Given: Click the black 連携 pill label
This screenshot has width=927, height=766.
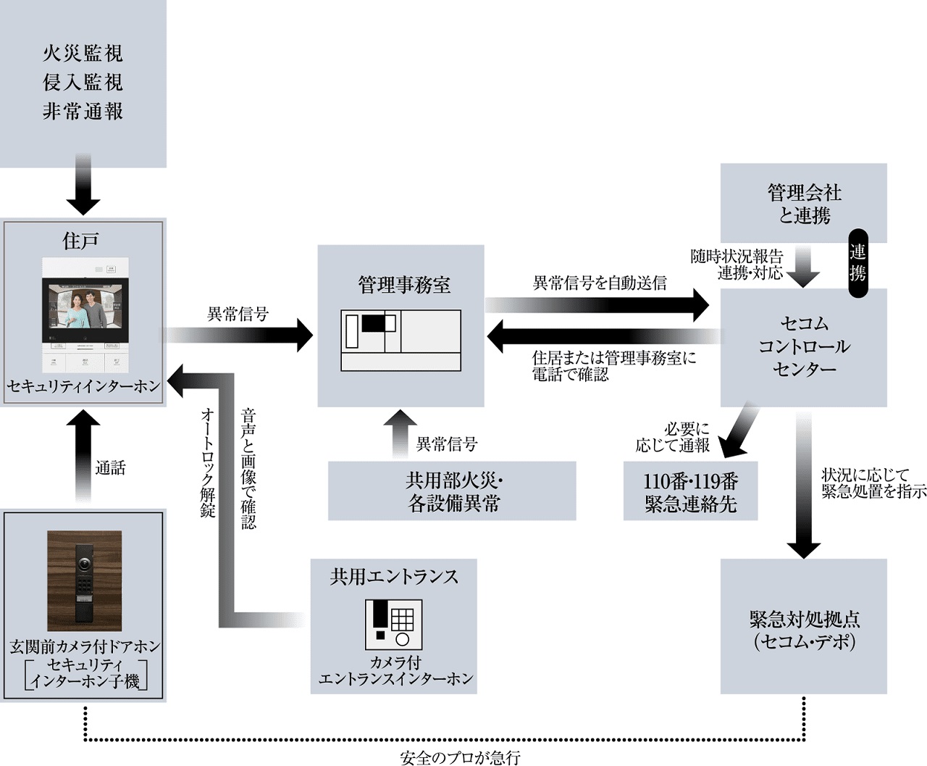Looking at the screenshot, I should [857, 262].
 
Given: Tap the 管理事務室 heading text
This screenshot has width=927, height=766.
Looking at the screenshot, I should [404, 284].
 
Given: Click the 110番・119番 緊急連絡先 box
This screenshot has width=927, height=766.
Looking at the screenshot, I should [690, 493].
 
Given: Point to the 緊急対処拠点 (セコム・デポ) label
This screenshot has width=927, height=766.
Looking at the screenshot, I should [804, 630].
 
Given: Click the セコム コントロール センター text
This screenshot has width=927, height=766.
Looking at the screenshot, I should [804, 346].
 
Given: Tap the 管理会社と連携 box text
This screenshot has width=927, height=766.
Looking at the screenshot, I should [804, 204].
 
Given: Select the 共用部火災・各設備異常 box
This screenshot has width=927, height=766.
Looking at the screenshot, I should [453, 491].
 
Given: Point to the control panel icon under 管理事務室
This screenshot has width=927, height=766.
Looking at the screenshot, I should [400, 341].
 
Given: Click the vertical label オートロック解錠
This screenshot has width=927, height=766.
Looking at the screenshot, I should [208, 464].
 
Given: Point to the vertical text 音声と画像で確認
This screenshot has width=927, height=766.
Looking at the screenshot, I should [248, 468].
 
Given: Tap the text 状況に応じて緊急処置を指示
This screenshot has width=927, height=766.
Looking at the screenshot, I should [873, 483].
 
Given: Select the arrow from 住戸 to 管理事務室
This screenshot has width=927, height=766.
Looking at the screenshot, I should [239, 336].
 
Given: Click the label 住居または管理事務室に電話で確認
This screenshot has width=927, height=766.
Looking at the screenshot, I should [613, 366].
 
